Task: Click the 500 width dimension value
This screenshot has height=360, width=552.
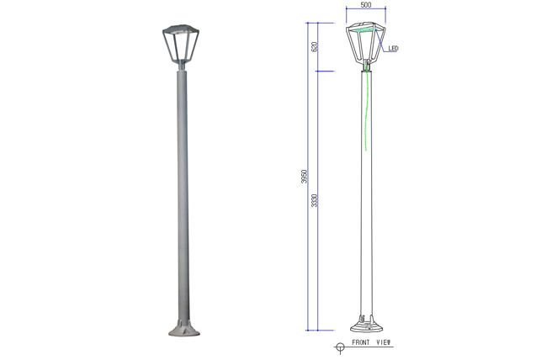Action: click(366, 5)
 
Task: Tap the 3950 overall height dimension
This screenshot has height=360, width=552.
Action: click(305, 177)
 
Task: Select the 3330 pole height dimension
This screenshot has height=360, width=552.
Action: click(315, 200)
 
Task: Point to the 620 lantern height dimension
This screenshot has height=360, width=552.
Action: click(315, 46)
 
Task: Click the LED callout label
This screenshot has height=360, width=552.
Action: click(393, 49)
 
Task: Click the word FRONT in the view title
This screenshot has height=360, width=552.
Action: click(360, 342)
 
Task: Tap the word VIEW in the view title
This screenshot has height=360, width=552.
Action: click(384, 342)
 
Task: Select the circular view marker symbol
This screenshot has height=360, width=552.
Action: click(340, 347)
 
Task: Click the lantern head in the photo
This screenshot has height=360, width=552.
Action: click(181, 44)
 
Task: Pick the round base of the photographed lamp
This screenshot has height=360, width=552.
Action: click(184, 329)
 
